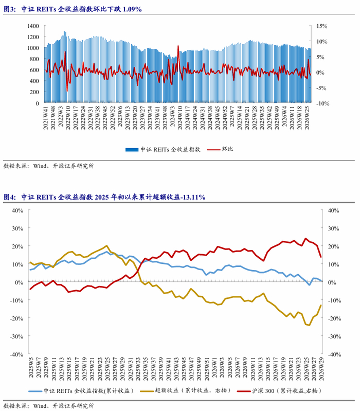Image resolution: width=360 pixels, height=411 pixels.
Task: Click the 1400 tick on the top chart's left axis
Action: point(33,26)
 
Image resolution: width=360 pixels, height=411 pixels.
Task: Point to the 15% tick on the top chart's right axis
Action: point(322,26)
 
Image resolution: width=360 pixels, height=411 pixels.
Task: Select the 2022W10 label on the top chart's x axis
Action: point(68,117)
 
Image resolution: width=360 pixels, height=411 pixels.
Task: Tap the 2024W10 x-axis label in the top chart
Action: point(180,117)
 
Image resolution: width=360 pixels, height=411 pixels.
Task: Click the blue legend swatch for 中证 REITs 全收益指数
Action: point(132,150)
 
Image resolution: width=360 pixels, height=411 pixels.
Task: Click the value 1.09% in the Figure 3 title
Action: point(132,9)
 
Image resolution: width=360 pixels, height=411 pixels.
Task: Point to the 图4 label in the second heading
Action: point(9,197)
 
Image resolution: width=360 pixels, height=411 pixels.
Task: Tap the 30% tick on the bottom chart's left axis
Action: point(17,228)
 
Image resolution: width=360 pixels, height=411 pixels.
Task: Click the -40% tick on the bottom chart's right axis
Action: point(335,354)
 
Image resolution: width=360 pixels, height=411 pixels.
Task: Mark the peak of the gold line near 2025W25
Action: point(106,245)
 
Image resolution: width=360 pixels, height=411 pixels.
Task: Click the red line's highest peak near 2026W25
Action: point(305,239)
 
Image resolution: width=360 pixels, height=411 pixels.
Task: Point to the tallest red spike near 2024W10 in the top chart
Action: point(178,46)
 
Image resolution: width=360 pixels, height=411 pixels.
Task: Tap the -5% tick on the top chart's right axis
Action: point(321,88)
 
